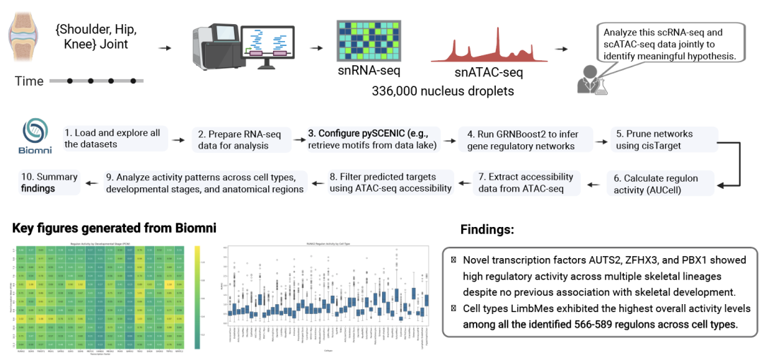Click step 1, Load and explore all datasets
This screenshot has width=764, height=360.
[112, 139]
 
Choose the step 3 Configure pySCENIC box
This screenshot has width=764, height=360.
[373, 139]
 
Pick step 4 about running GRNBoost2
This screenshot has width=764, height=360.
[523, 139]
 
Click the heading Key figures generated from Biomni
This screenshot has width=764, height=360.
[114, 228]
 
